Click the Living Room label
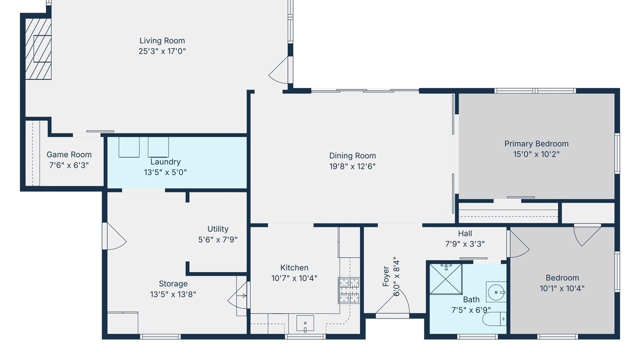[162, 40]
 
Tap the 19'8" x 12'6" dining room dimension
[352, 166]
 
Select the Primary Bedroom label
[536, 143]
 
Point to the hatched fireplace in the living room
[38, 49]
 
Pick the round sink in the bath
[496, 292]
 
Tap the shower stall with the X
[445, 279]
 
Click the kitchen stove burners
[349, 290]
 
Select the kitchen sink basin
[305, 323]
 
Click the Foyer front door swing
[393, 303]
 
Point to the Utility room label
[217, 229]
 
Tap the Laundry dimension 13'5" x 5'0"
[165, 172]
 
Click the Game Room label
[69, 154]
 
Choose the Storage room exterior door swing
[114, 236]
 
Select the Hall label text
[465, 233]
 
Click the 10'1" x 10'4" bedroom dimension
[562, 288]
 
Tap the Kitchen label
[294, 267]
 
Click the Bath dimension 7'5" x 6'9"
[471, 310]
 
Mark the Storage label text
[173, 283]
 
